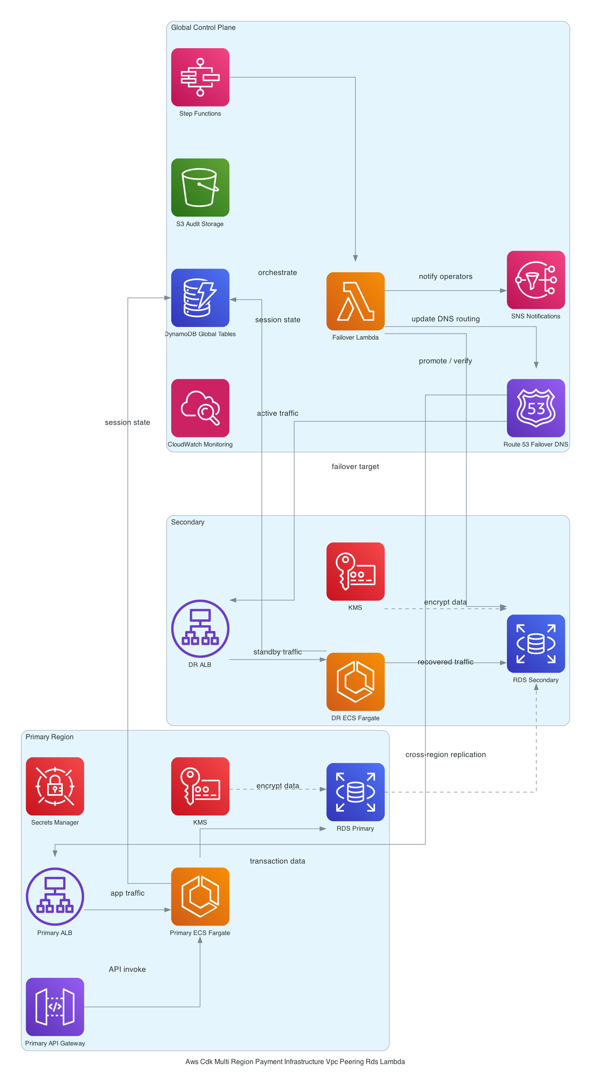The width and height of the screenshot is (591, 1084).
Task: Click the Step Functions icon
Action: (200, 77)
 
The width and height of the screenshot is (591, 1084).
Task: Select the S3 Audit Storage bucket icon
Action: (200, 187)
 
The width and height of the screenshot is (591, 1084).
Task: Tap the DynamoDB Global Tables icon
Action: (200, 298)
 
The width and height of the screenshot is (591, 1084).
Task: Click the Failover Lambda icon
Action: (355, 301)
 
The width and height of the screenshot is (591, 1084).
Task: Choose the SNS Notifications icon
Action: (536, 280)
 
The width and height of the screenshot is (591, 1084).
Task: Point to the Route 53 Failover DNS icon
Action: (536, 408)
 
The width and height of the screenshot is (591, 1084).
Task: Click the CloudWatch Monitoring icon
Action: (200, 408)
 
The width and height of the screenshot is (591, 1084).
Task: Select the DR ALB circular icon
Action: (200, 628)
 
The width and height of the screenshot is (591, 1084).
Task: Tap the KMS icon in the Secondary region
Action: (355, 571)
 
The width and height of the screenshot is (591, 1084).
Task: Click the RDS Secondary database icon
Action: (536, 644)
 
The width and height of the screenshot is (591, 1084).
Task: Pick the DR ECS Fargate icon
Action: (355, 682)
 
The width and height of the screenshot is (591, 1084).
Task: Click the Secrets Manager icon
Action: (55, 786)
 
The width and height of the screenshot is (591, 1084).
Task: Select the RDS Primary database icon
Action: (355, 792)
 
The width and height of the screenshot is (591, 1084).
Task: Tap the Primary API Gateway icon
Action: (55, 1006)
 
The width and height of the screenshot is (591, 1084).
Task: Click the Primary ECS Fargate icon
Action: (200, 896)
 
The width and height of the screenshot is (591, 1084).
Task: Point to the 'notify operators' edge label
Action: (445, 276)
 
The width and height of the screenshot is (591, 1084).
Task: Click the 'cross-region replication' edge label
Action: (445, 754)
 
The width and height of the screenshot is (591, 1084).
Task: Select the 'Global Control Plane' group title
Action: (203, 27)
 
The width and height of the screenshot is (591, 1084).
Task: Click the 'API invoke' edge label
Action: (127, 969)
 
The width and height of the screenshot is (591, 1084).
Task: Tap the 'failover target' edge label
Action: (355, 466)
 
